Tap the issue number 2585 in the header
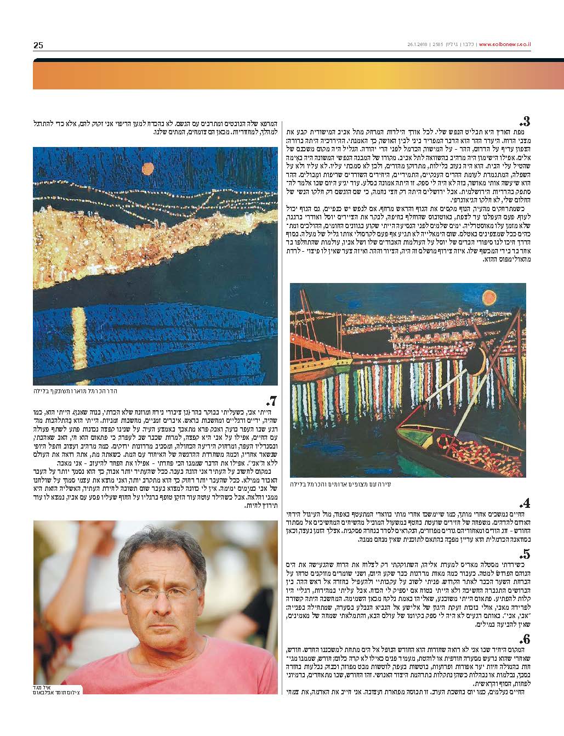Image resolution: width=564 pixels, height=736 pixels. tap(438, 45)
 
